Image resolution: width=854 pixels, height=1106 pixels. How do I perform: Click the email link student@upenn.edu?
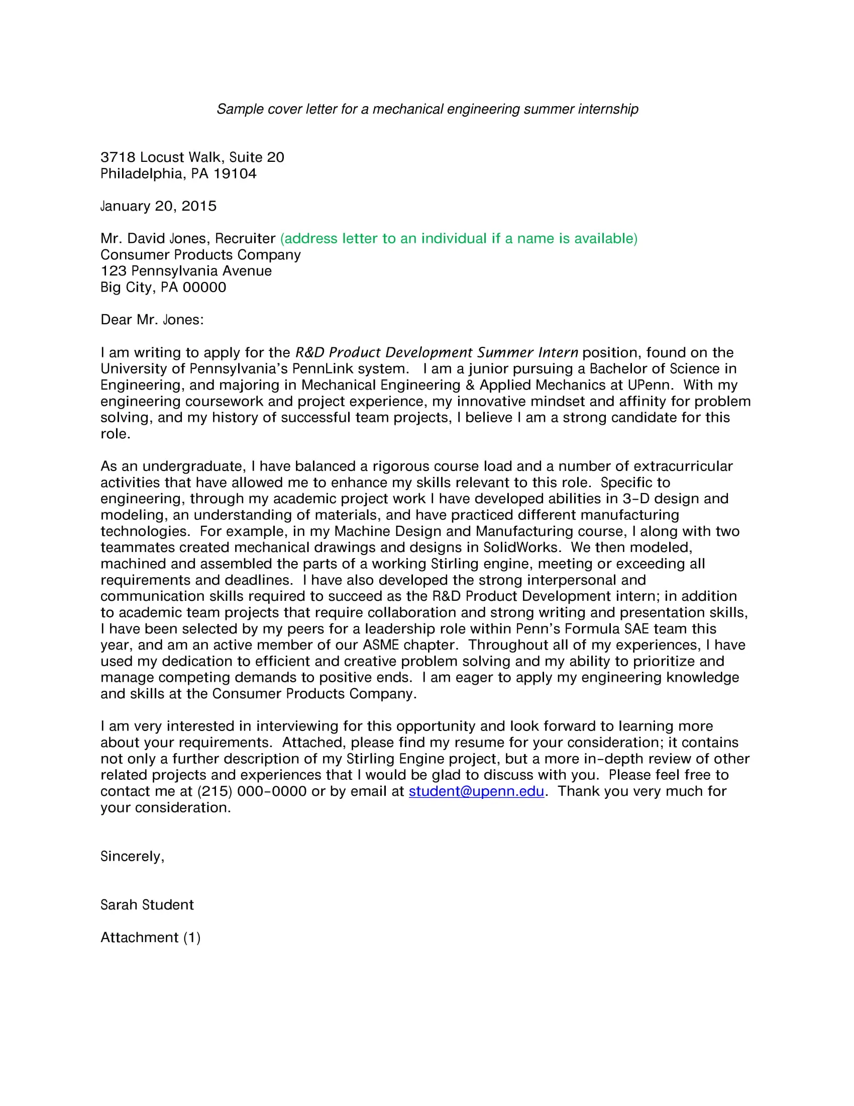point(476,791)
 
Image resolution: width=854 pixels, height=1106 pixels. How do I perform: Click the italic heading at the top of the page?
point(427,109)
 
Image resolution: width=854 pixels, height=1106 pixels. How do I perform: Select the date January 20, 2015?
point(158,206)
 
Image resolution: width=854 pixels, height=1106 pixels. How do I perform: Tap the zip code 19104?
point(235,174)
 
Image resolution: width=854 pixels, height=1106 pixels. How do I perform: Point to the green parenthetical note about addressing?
point(458,238)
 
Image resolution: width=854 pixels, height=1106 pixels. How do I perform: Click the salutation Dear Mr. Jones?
point(152,320)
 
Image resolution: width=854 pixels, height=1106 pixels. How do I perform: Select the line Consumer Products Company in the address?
point(200,255)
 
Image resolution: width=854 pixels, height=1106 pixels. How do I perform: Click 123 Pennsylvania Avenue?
point(186,271)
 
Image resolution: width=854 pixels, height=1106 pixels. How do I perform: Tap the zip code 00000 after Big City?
point(204,287)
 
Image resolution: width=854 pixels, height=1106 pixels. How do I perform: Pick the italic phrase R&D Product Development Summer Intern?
point(436,352)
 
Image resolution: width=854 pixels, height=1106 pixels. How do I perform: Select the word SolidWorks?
point(521,547)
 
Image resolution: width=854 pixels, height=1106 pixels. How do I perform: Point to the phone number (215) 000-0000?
point(252,791)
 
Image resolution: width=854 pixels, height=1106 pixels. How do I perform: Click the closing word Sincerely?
point(132,856)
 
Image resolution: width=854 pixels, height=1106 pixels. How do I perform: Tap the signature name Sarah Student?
point(147,905)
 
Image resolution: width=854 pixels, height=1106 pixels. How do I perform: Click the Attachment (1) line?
point(150,938)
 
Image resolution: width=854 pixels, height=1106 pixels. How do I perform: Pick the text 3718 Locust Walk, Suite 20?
point(192,157)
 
